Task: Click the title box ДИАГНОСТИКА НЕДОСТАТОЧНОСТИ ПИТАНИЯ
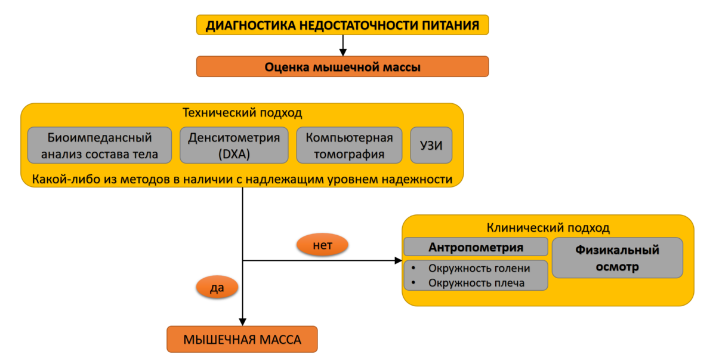click(342, 25)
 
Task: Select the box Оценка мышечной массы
click(342, 66)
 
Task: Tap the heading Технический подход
click(242, 113)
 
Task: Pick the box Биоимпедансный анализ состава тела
click(100, 146)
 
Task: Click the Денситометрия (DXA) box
click(234, 146)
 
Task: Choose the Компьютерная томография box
click(349, 146)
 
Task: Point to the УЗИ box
click(431, 146)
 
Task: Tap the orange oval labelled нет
click(322, 245)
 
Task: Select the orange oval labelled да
click(217, 287)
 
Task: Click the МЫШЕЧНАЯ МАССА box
click(242, 339)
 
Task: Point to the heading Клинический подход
click(548, 228)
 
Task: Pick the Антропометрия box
click(476, 247)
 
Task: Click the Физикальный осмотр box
click(617, 258)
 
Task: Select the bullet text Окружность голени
click(479, 268)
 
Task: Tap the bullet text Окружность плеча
click(476, 282)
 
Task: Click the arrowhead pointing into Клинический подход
click(399, 260)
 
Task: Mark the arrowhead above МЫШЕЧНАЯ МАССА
click(243, 322)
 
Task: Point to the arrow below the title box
click(343, 45)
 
